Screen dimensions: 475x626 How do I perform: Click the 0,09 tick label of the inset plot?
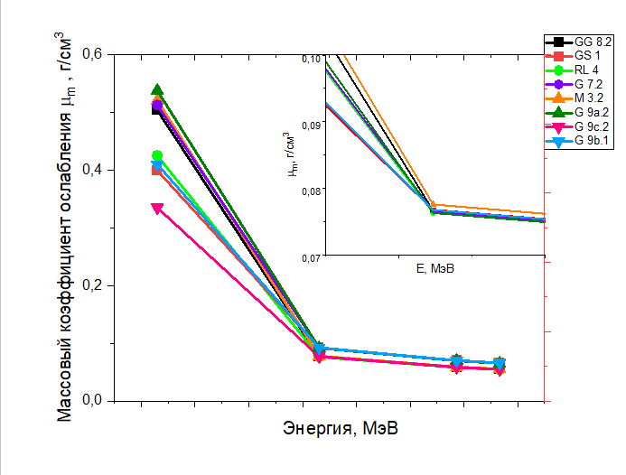[x=310, y=124]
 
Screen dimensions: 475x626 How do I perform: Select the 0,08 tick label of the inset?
[x=310, y=191]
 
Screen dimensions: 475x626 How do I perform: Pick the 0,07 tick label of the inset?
[x=310, y=257]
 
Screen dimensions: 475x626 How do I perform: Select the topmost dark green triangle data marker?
[x=157, y=90]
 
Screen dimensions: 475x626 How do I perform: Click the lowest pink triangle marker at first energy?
[x=157, y=209]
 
